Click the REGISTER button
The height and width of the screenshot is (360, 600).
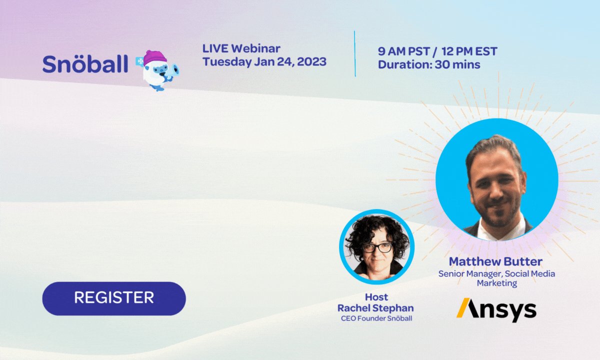coord(114,298)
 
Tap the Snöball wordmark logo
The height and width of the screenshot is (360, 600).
coord(85,63)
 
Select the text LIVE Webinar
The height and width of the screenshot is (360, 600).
coord(241,48)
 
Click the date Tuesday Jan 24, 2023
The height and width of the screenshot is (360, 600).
coord(264,62)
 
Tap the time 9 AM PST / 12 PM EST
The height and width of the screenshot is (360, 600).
coord(437,51)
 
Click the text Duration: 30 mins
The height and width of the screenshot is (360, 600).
coord(429,64)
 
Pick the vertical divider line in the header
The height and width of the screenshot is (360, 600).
coord(355,53)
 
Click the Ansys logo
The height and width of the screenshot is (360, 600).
coord(496,310)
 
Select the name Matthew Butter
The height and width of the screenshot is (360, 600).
coord(495,261)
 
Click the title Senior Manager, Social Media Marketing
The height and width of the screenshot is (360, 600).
coord(496,278)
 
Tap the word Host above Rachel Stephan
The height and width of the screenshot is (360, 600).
coord(376,297)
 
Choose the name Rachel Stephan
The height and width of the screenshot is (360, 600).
coord(376,307)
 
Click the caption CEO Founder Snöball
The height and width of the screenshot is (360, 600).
coord(376,318)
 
